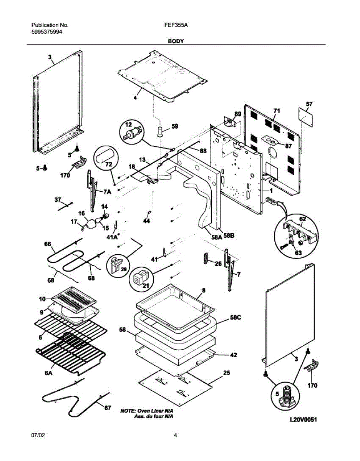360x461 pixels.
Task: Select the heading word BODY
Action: (x=175, y=41)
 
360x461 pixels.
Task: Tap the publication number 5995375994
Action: (x=46, y=32)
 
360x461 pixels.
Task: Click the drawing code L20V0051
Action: (x=303, y=420)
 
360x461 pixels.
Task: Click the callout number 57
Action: (x=309, y=104)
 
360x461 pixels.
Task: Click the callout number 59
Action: (x=175, y=126)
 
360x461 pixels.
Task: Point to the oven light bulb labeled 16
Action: (x=92, y=224)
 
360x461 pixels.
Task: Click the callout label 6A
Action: (x=48, y=372)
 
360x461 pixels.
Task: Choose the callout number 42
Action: (x=233, y=355)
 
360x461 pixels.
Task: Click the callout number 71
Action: (x=277, y=111)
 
